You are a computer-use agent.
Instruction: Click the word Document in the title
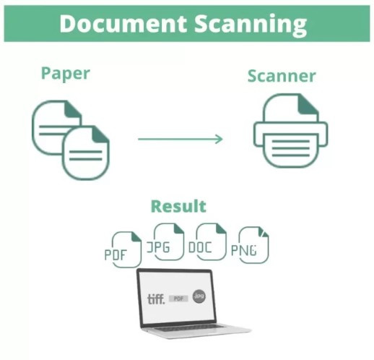click(123, 24)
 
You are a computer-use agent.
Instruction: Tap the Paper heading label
click(66, 74)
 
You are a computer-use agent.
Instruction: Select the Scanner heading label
click(282, 76)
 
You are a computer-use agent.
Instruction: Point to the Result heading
click(178, 206)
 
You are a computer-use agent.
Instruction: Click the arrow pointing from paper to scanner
click(181, 139)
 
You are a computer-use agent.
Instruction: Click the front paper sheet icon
click(86, 153)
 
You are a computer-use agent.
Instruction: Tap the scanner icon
click(291, 131)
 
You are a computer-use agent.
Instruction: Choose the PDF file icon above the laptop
click(123, 249)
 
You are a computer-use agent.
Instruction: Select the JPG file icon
click(165, 241)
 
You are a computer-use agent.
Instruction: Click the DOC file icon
click(207, 241)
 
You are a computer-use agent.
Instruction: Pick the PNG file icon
click(250, 245)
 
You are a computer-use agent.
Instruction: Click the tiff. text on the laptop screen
click(156, 299)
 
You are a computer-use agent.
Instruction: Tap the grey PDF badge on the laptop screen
click(178, 299)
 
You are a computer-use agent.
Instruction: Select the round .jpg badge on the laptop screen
click(199, 296)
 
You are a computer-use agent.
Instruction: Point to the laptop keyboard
click(189, 327)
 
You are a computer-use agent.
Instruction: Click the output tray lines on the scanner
click(291, 148)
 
